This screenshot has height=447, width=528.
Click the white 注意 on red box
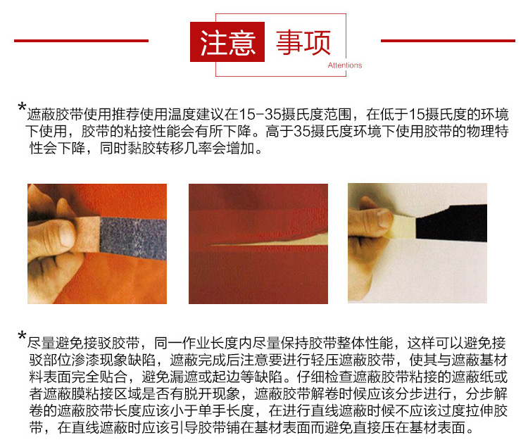[x=227, y=42]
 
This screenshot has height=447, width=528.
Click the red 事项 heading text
[x=303, y=42]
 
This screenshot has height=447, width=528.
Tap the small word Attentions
[x=345, y=65]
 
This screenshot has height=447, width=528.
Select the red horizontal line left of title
[x=81, y=41]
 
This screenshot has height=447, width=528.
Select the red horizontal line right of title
[x=448, y=41]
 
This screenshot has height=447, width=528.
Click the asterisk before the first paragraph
[x=22, y=108]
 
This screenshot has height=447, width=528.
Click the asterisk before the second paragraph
[x=22, y=336]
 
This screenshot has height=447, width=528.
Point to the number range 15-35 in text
[x=260, y=115]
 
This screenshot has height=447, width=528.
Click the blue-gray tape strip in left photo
[x=134, y=238]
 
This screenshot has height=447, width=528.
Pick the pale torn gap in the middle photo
[x=270, y=240]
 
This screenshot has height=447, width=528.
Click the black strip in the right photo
[x=451, y=223]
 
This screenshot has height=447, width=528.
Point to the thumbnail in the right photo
[x=384, y=218]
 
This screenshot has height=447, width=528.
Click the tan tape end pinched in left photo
[x=87, y=234]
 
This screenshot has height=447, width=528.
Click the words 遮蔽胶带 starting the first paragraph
[x=55, y=115]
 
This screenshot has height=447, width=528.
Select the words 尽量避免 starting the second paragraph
[x=55, y=343]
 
